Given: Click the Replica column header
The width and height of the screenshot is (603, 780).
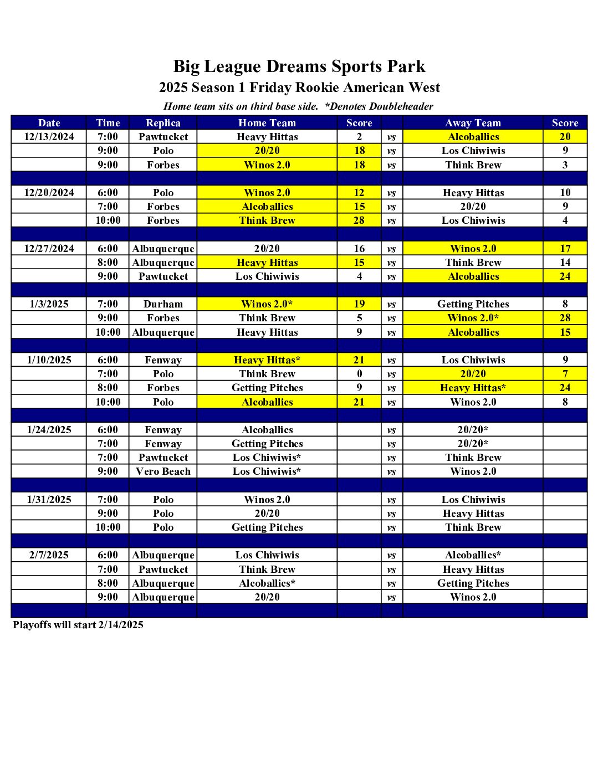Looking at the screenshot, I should pos(163,123).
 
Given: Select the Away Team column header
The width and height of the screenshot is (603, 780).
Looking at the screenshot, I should pos(473,123).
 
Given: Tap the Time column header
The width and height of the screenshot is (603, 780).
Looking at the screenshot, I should pos(108,123).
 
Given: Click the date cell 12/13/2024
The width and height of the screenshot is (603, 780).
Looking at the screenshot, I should pos(49,137).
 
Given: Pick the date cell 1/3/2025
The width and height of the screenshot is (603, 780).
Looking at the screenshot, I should pos(49,304).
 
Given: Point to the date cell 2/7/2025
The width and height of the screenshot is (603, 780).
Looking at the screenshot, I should pos(49,555).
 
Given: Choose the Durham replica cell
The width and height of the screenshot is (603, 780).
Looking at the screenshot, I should pos(163,304).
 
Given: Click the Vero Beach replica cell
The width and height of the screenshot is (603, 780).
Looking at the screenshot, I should pos(163,471).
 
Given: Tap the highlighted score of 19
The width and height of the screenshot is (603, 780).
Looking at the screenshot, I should pos(359,304).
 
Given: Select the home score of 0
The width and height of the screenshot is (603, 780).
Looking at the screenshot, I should pos(359,374).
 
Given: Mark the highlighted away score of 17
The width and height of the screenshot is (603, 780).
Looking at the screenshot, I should pos(565,249).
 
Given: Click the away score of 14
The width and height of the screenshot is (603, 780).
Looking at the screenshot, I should pos(565,263).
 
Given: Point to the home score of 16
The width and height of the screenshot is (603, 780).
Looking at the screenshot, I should pos(359,249).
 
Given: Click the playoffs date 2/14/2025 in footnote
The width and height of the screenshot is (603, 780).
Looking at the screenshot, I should pos(121,625).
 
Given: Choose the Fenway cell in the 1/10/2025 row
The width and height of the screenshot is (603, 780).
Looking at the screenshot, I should pos(163,360).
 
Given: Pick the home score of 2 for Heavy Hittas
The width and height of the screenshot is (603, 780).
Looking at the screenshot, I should pos(359,137).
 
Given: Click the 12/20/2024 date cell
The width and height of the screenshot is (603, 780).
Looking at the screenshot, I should pos(49,193).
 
